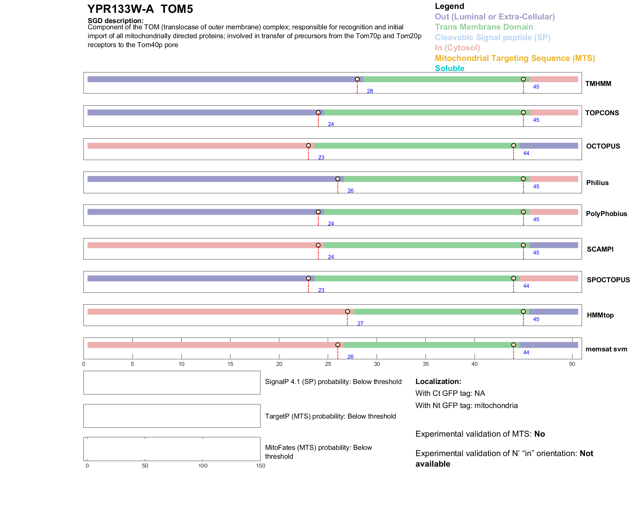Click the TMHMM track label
[x=598, y=84]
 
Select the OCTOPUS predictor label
[x=603, y=146]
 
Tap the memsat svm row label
[x=606, y=349]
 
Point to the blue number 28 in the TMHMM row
[x=370, y=91]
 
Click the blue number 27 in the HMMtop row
[x=360, y=323]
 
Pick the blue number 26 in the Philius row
[x=350, y=191]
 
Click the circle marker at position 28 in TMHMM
[x=357, y=79]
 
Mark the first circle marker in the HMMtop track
[x=347, y=312]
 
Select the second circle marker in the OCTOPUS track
[x=513, y=146]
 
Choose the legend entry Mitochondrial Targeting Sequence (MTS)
[x=515, y=58]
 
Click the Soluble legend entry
[x=449, y=68]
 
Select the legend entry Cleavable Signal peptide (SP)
[x=493, y=38]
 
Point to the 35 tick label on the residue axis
[x=425, y=364]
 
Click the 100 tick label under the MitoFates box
[x=203, y=466]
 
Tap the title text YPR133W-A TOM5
[x=140, y=9]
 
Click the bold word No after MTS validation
[x=539, y=434]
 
